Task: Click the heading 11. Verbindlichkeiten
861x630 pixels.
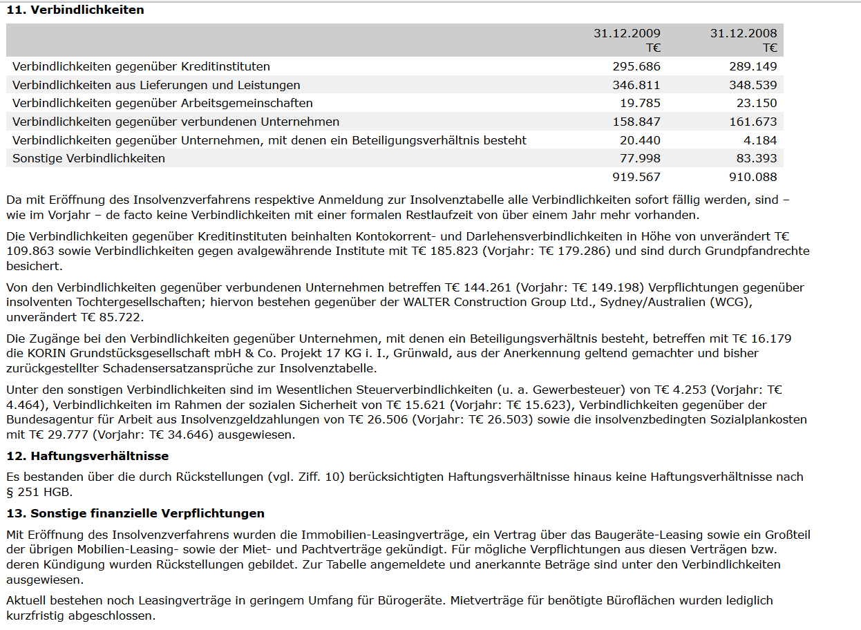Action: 75,10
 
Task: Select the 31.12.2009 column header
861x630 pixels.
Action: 627,33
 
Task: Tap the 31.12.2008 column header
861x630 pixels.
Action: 744,33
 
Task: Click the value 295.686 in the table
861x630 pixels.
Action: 636,67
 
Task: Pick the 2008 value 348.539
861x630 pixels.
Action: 753,85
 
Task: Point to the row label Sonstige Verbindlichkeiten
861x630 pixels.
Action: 89,158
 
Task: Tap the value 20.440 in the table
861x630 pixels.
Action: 640,140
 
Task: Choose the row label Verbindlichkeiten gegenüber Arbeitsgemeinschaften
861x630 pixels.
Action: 162,103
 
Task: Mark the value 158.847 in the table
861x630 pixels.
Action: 636,122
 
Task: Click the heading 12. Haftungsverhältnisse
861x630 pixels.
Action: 87,456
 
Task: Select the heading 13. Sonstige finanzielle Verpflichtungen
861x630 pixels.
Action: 135,513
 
